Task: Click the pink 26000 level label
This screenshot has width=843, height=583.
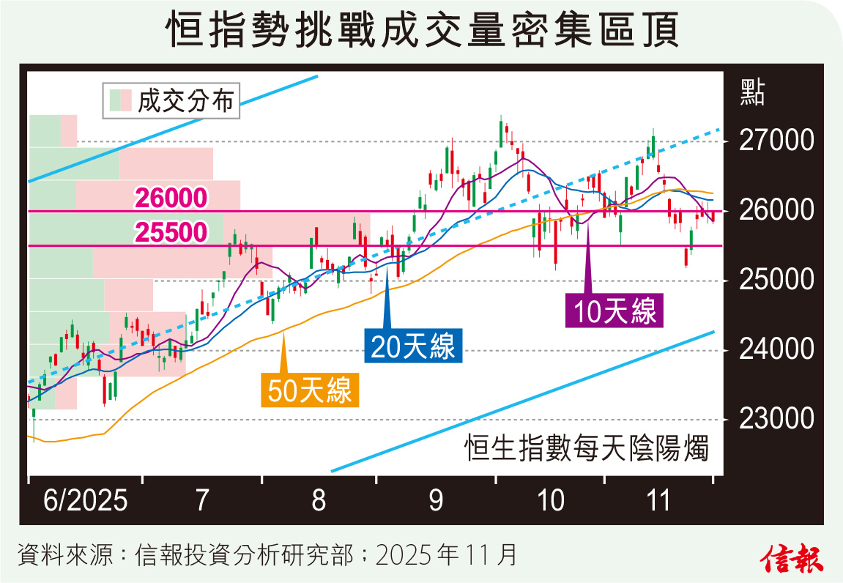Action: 171,198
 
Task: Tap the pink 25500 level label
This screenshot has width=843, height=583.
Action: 171,233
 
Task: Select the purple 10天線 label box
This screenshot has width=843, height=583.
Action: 614,311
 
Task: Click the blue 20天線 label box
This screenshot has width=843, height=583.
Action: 413,346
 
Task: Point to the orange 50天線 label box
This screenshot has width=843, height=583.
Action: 310,390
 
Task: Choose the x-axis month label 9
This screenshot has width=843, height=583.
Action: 436,501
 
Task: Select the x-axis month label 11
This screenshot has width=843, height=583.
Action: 659,501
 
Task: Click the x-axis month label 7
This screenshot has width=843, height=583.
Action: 203,501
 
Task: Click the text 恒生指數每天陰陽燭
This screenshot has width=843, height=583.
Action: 587,448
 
